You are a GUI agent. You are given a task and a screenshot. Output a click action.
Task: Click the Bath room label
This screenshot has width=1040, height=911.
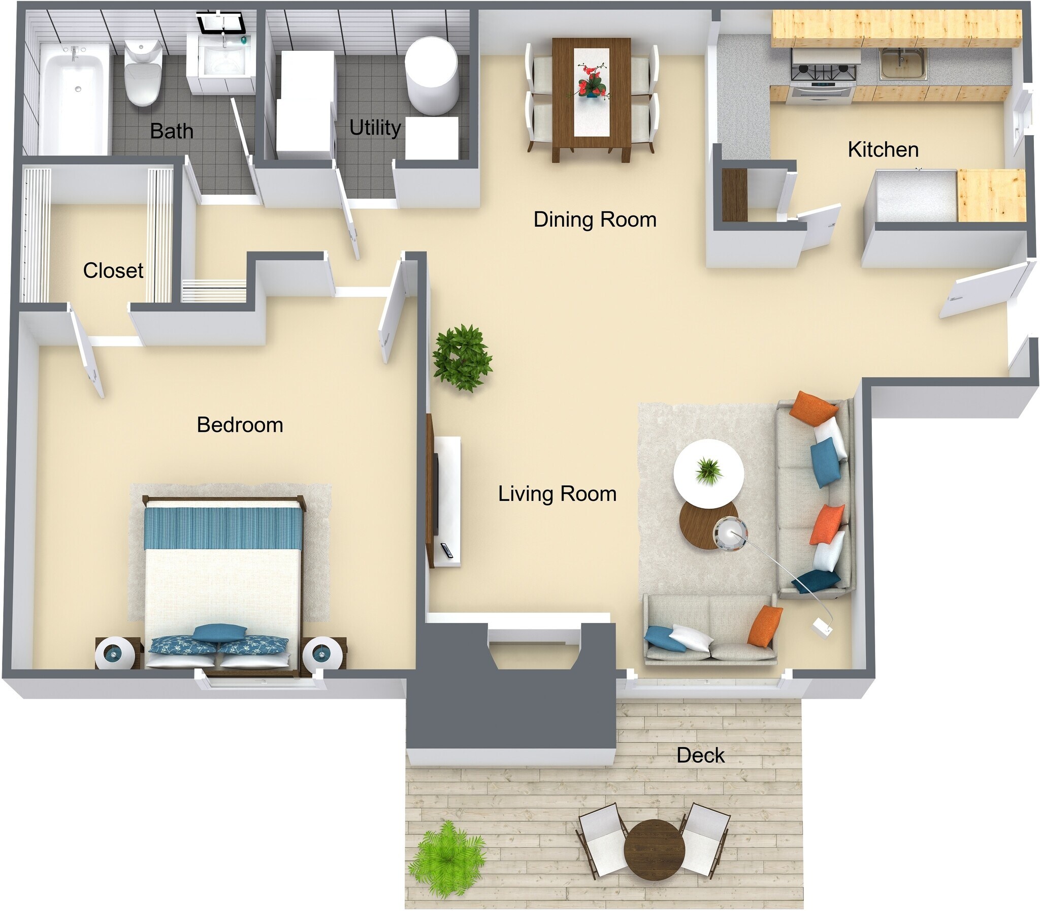point(171,131)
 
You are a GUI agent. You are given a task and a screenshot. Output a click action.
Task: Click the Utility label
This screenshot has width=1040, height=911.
point(375,128)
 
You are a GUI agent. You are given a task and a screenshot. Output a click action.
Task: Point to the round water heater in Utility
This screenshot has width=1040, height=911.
point(432,75)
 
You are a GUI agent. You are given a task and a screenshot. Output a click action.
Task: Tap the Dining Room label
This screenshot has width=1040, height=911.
point(595,219)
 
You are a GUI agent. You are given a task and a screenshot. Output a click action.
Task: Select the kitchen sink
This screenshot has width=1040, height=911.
point(903,64)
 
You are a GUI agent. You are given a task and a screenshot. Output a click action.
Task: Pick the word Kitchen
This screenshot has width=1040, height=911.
point(883,149)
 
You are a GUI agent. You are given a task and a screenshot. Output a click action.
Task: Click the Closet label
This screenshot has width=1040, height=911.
point(113,270)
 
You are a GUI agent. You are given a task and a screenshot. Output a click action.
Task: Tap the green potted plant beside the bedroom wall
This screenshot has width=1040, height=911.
point(462,357)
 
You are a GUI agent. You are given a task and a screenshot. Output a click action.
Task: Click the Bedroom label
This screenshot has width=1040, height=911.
point(239,424)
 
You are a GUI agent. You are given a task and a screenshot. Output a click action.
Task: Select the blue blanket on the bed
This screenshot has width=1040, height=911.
point(223,528)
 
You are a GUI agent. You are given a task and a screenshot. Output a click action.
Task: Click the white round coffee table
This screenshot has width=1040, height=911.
point(708,473)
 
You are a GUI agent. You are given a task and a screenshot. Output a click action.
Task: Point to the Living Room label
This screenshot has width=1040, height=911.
point(557,494)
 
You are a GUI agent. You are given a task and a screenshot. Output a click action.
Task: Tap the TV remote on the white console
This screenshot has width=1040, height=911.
point(447,550)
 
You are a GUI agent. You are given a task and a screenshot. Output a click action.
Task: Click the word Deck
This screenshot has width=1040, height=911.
point(700,756)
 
